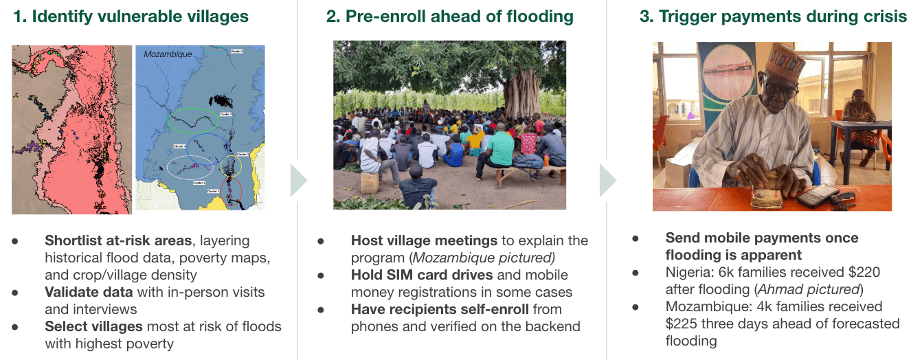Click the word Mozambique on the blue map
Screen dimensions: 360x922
click(168, 54)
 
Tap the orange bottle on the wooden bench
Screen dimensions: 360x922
click(546, 161)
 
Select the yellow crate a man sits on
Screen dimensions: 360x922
click(370, 183)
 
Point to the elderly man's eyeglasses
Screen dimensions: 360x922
click(781, 88)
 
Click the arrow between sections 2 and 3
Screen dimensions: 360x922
click(608, 180)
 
